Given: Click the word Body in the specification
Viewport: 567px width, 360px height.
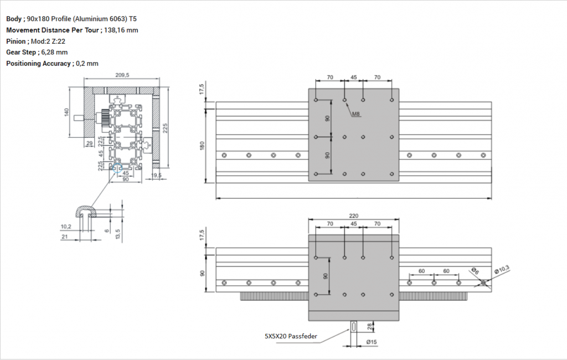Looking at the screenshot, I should tap(14, 19).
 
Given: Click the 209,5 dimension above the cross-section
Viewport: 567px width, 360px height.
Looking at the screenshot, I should tap(122, 75).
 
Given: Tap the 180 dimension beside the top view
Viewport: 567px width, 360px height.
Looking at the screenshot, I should tap(203, 145).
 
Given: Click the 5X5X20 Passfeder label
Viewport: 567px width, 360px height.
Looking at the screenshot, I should tap(290, 336).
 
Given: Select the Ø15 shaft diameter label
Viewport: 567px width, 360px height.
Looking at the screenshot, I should tap(372, 342).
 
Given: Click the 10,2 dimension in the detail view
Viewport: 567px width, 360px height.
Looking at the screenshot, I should tap(65, 225).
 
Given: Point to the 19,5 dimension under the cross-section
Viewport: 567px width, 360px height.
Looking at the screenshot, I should tap(156, 175).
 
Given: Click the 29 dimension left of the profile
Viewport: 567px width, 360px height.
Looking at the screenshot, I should tap(90, 143).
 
